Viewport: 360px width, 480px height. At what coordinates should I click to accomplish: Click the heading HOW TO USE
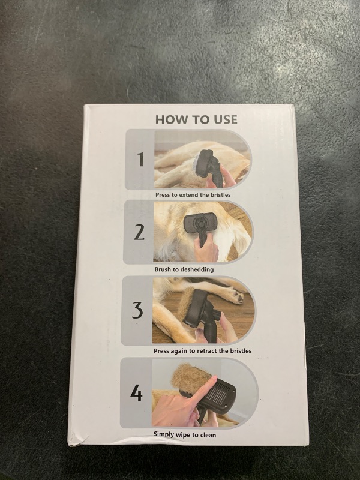point(196,119)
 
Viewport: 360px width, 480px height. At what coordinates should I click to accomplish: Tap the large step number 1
point(140,159)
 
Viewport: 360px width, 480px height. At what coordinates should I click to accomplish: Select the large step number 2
point(139,232)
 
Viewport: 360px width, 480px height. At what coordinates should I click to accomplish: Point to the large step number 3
point(138,310)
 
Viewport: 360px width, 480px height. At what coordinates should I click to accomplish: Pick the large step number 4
point(136,393)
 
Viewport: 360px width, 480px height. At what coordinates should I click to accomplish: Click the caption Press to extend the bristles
point(193,194)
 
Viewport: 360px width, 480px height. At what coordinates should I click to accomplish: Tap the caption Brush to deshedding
point(184,269)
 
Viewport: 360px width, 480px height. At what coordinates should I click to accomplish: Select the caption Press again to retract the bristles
point(202,351)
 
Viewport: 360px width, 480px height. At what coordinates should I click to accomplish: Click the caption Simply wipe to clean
point(185,434)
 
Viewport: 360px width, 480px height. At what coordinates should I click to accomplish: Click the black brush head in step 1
point(204,163)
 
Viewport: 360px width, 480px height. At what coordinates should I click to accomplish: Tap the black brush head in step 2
point(200,222)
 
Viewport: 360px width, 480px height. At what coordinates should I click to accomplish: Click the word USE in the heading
point(226,119)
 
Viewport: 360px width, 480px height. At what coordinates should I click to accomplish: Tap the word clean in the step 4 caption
point(208,434)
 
